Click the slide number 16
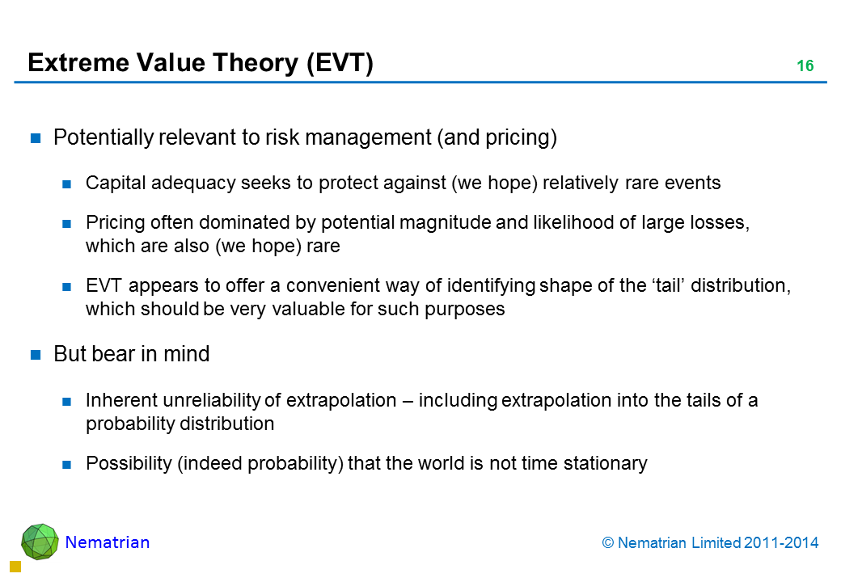(x=805, y=65)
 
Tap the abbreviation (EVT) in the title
(x=340, y=63)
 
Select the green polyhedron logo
(x=40, y=542)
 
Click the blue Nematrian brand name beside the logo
(x=108, y=542)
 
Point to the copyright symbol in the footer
(x=607, y=543)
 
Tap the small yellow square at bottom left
(x=15, y=567)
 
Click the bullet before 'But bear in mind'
(x=36, y=354)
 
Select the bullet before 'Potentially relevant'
(x=36, y=138)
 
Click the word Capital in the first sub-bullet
(x=116, y=183)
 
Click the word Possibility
(x=129, y=463)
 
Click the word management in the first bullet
(x=368, y=137)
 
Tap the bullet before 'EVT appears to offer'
(x=66, y=287)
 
